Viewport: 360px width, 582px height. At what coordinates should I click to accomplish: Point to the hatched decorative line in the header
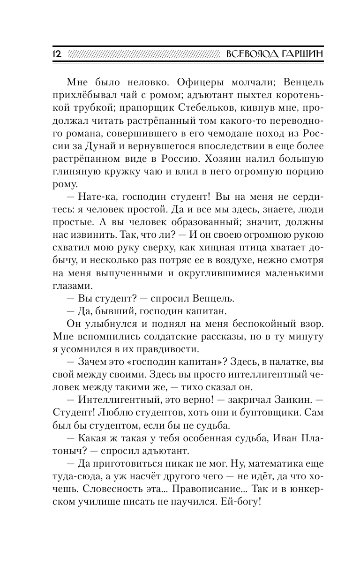pos(143,54)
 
